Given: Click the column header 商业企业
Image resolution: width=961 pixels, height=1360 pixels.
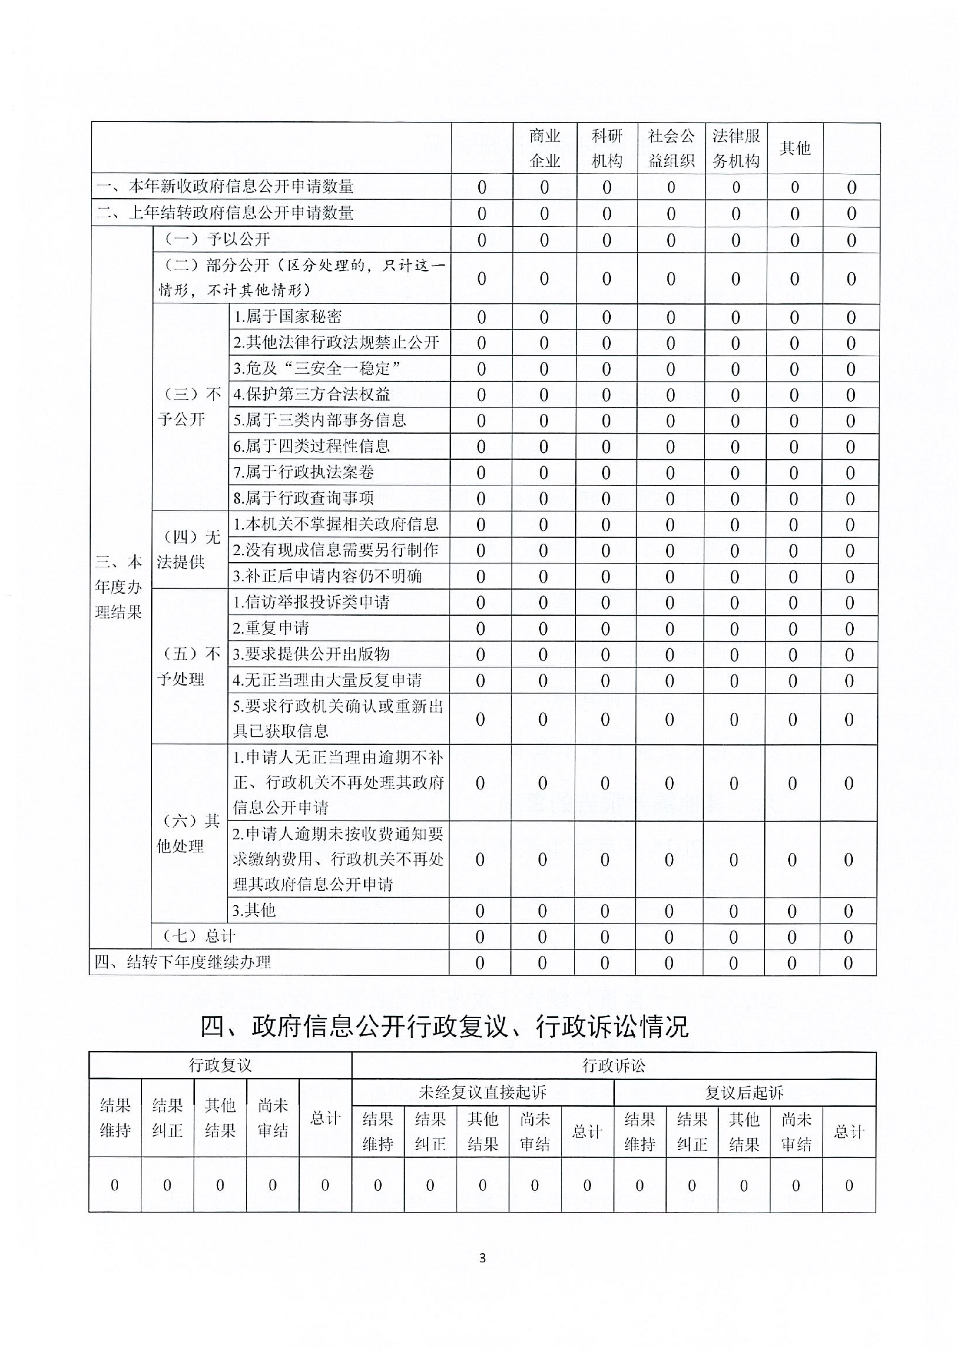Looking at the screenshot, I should (545, 148).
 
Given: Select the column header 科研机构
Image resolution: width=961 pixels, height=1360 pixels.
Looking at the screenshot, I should (607, 148).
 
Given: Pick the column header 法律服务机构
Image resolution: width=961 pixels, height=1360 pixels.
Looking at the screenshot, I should (736, 148).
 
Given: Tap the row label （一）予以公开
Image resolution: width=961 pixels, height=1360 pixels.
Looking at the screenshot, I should (217, 239).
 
